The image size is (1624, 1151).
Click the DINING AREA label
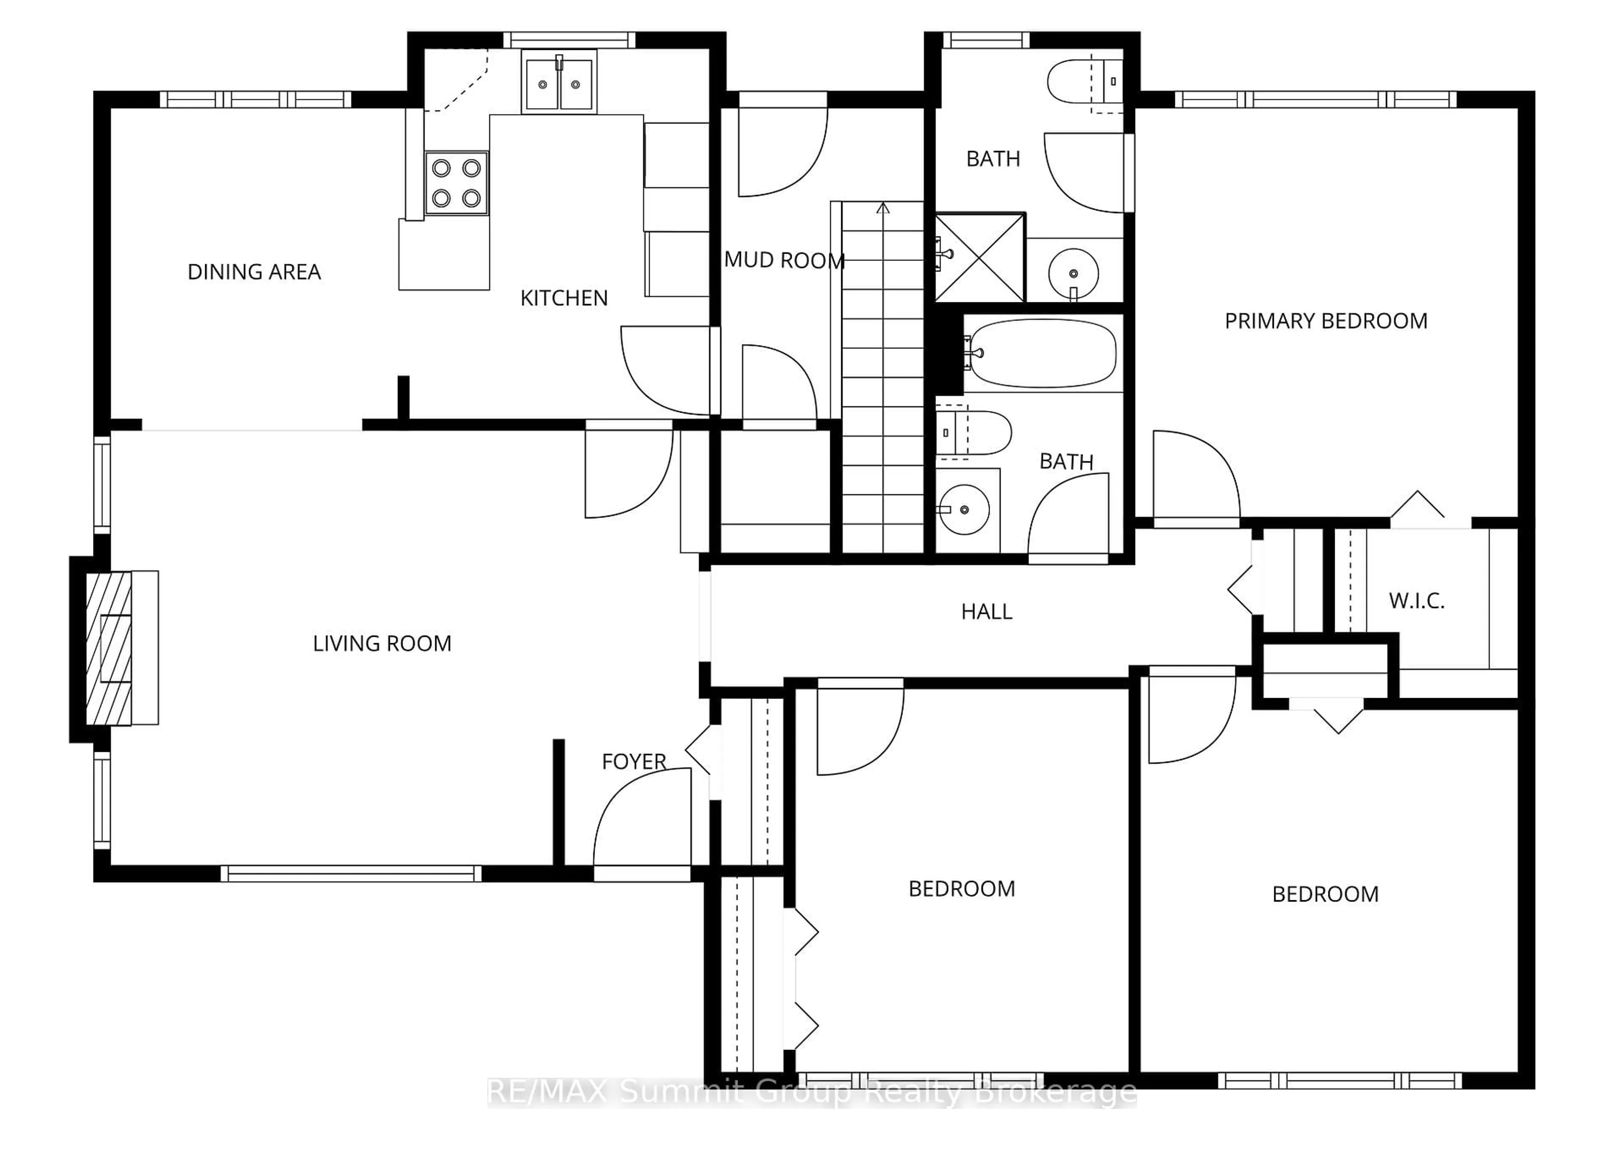click(254, 271)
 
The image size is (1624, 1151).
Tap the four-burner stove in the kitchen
click(456, 183)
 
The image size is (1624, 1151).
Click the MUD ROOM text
click(784, 260)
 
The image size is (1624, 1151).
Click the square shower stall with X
click(979, 257)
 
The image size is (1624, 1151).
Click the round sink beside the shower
click(1073, 273)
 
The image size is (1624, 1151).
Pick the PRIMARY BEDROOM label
click(1325, 321)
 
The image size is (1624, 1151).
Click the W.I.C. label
click(1416, 601)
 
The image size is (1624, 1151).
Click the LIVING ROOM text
click(382, 644)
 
